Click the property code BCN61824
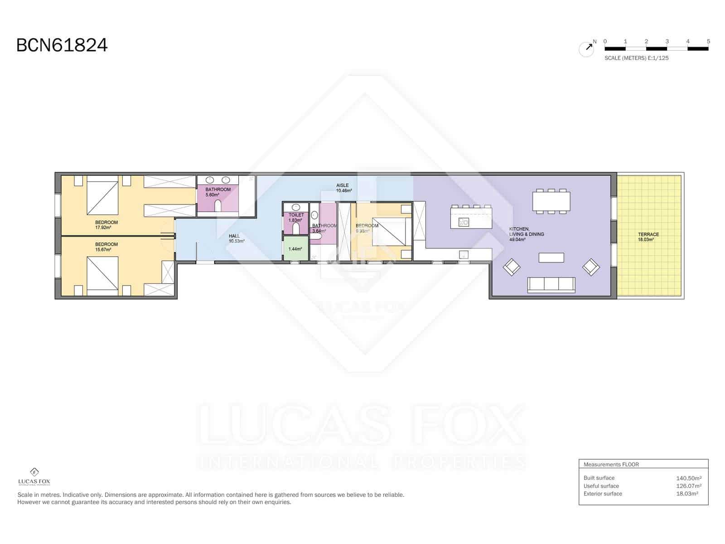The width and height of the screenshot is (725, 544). tap(62, 45)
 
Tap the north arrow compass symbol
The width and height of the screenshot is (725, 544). tap(587, 48)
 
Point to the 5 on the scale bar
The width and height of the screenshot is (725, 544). tap(708, 41)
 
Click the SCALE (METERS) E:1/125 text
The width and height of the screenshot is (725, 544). tap(636, 58)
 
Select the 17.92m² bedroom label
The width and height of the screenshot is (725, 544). tap(106, 225)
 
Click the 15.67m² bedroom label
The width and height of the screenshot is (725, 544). tap(106, 247)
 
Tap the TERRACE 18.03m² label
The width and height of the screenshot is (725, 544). tap(648, 237)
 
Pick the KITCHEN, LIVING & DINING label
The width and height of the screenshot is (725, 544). tap(527, 234)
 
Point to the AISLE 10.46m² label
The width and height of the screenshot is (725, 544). tap(343, 188)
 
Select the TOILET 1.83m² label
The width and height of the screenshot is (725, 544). tap(296, 217)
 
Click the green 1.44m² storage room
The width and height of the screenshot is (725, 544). tap(295, 248)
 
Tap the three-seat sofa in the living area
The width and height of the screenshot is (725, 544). tap(551, 284)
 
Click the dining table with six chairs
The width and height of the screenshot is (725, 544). tap(551, 201)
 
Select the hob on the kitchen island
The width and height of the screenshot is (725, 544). tap(464, 222)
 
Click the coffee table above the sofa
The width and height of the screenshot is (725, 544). tap(551, 257)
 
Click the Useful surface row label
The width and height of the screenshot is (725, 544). tap(601, 486)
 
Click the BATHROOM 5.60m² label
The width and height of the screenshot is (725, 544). tap(218, 192)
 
